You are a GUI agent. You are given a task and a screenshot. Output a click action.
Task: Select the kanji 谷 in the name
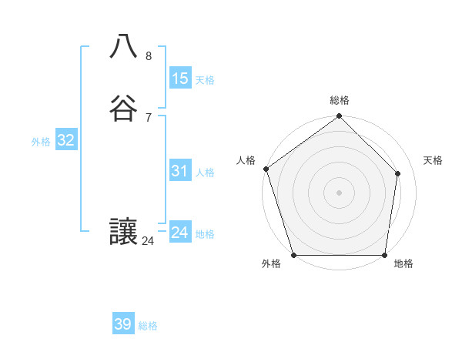tap(123, 109)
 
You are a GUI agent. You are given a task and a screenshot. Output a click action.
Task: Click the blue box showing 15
tap(180, 79)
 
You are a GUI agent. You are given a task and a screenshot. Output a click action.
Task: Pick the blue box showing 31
tap(180, 171)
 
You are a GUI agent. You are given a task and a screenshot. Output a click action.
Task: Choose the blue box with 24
tap(180, 233)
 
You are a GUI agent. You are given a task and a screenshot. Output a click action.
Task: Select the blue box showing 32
tap(65, 140)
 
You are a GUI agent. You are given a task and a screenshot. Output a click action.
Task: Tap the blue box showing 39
tap(123, 324)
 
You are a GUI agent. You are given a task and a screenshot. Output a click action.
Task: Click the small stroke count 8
tap(149, 55)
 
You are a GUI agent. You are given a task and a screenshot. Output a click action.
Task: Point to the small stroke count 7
tap(149, 117)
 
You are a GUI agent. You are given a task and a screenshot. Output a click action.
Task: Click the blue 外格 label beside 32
tap(41, 142)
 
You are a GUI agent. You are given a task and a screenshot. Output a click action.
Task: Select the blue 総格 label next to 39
tap(148, 326)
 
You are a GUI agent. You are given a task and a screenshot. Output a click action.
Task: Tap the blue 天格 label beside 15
tap(205, 80)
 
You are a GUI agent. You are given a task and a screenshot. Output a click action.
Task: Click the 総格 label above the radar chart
tap(340, 100)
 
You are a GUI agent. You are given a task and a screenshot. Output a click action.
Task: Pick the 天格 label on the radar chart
tap(434, 160)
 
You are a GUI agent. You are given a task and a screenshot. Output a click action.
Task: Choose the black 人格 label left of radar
tap(246, 160)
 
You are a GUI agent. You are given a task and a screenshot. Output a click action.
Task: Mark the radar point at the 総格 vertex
tap(340, 117)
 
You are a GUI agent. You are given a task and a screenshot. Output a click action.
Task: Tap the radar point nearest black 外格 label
tap(293, 255)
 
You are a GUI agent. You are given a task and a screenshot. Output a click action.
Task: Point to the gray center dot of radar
tap(340, 192)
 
